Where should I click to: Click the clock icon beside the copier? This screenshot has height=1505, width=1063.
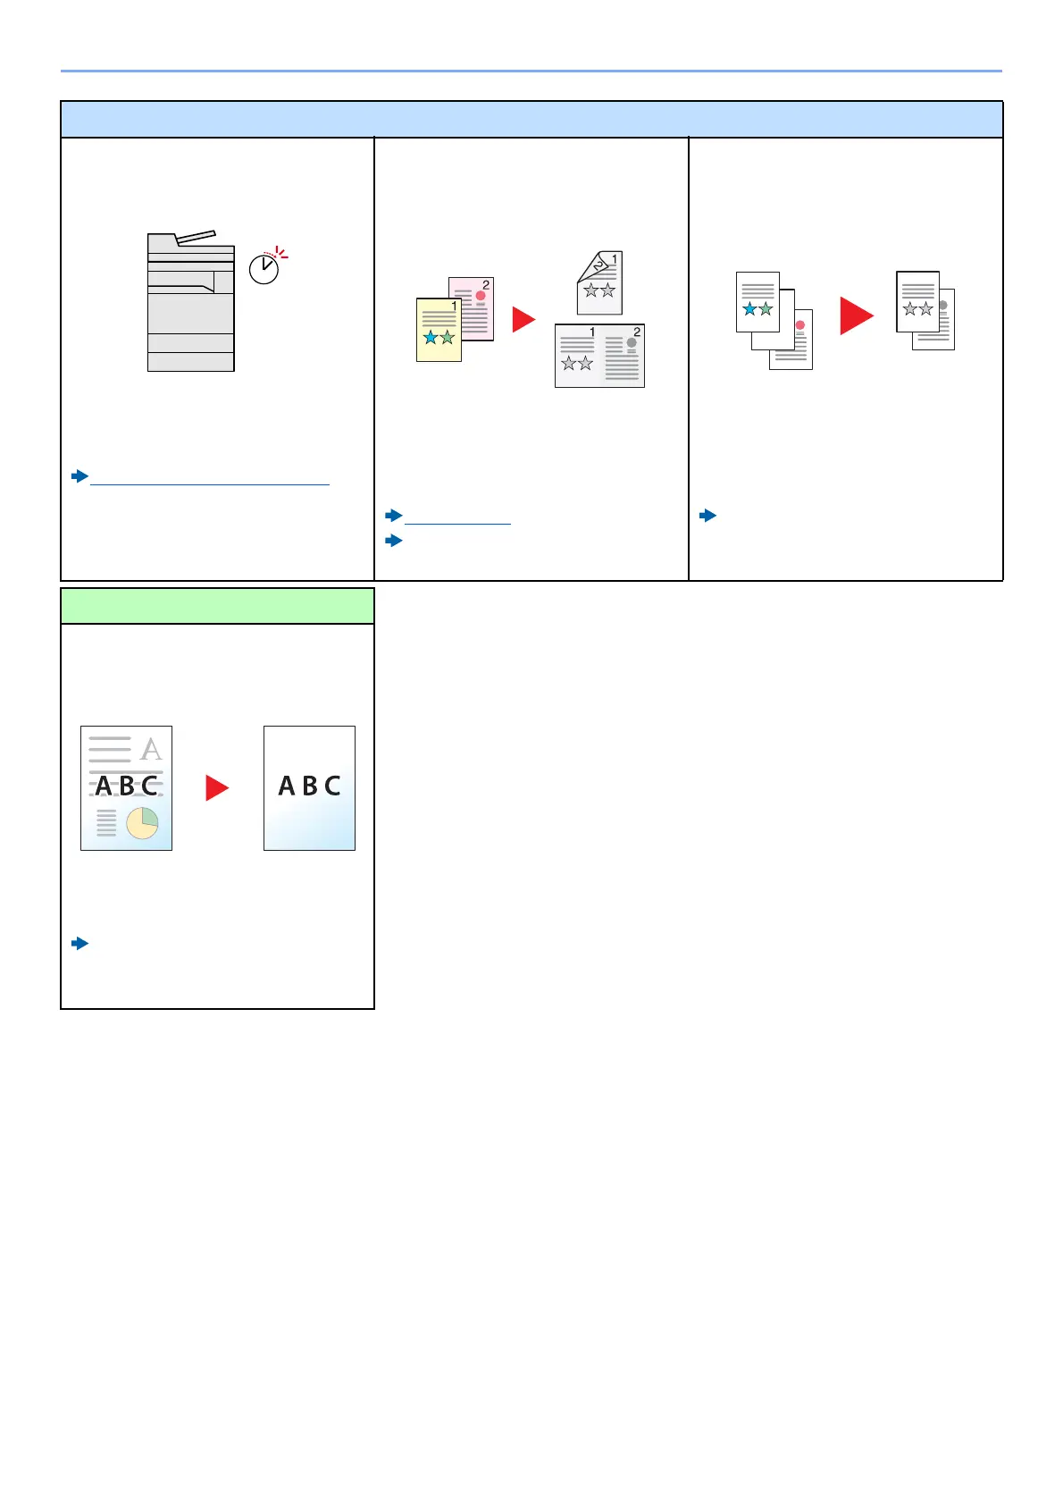pyautogui.click(x=264, y=268)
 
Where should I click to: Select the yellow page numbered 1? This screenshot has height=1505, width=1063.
pyautogui.click(x=438, y=331)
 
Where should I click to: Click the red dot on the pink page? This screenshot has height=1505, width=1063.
pyautogui.click(x=481, y=296)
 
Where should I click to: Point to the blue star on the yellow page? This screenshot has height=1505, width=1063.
pyautogui.click(x=431, y=338)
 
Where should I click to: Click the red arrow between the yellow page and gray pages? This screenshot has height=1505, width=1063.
pyautogui.click(x=523, y=319)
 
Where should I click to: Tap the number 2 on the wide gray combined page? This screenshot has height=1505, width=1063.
pyautogui.click(x=637, y=332)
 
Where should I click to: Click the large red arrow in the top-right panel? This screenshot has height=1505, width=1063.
pyautogui.click(x=856, y=315)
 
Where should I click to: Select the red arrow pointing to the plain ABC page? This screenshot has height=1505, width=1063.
pyautogui.click(x=217, y=787)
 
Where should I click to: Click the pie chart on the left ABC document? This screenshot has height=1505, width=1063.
pyautogui.click(x=142, y=823)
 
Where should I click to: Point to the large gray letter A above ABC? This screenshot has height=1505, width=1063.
pyautogui.click(x=152, y=748)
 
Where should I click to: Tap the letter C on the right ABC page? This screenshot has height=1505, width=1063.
pyautogui.click(x=332, y=786)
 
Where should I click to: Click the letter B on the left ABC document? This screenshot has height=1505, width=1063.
pyautogui.click(x=127, y=786)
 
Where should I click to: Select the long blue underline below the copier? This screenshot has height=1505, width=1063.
pyautogui.click(x=210, y=484)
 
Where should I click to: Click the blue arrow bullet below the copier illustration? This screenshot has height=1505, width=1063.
pyautogui.click(x=80, y=476)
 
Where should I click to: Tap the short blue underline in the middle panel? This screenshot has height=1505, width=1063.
pyautogui.click(x=457, y=523)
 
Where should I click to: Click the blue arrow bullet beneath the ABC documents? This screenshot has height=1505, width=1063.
pyautogui.click(x=80, y=943)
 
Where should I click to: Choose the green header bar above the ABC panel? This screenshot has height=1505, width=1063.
pyautogui.click(x=217, y=606)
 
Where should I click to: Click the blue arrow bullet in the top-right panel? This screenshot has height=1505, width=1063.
pyautogui.click(x=708, y=516)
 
